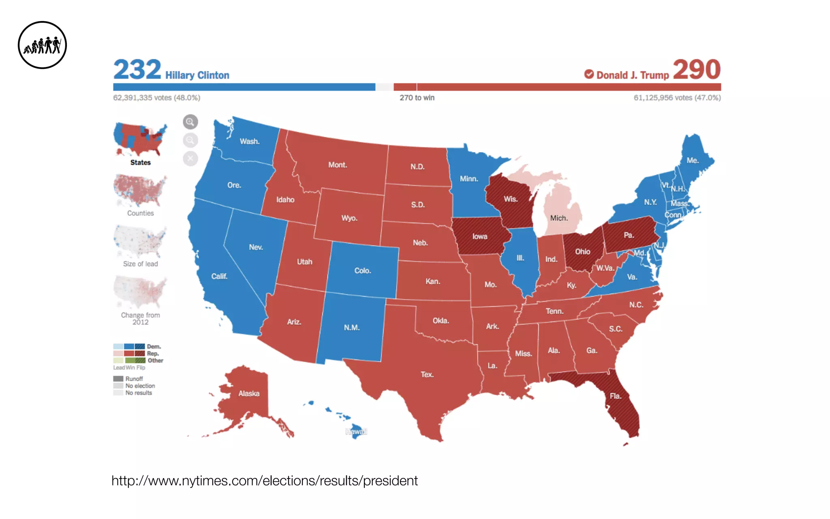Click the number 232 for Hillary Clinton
137,70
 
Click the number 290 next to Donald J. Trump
697,70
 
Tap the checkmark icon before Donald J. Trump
589,74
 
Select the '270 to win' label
417,98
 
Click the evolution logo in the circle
42,45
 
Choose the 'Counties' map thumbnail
140,191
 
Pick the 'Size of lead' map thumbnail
140,242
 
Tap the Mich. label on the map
559,218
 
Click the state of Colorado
362,270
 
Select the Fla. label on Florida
615,396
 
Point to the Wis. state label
510,199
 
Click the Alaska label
249,394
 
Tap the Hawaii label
356,431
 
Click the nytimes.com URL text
264,481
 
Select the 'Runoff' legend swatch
118,379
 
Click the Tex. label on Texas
427,375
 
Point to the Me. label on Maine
692,161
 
